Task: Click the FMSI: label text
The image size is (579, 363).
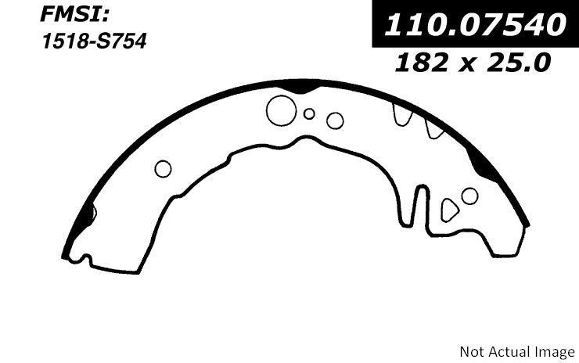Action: click(75, 16)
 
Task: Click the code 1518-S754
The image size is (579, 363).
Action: click(95, 41)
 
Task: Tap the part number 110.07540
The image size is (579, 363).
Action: click(475, 25)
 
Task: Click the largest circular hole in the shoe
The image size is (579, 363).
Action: click(281, 111)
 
